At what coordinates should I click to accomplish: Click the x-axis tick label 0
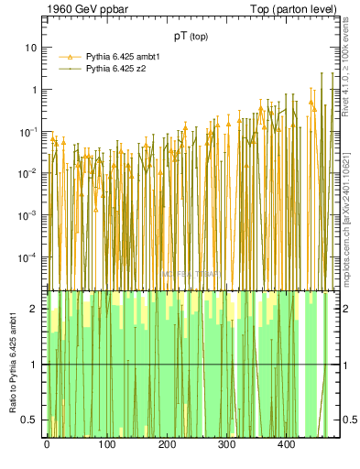47,446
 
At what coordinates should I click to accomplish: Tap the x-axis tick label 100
107,446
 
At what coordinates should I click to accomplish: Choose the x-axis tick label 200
167,446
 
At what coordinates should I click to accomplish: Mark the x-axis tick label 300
227,446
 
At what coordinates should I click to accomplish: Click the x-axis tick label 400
287,446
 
